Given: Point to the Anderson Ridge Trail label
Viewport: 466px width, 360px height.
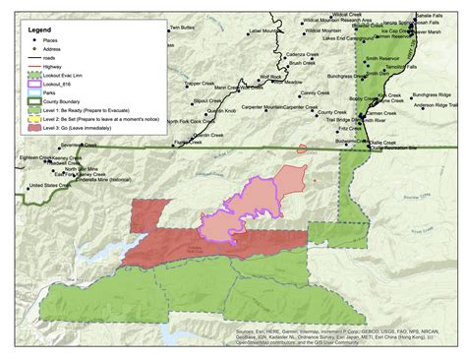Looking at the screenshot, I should [x=432, y=103].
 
